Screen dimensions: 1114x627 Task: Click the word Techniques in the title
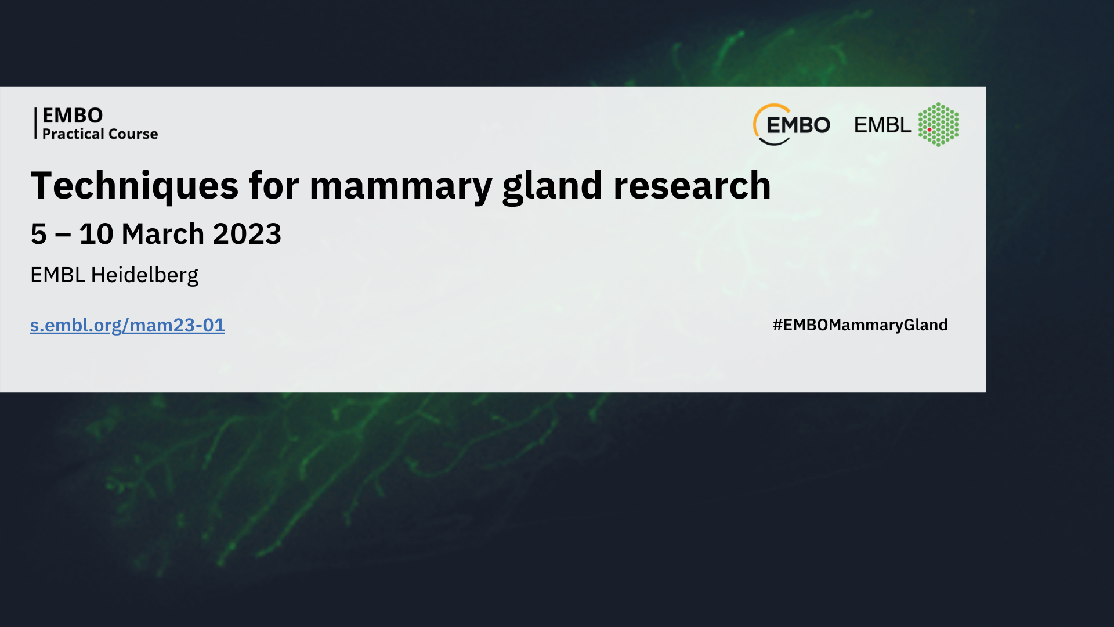(x=134, y=186)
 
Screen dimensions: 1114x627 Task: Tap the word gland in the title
(x=552, y=186)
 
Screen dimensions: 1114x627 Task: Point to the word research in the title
(x=692, y=186)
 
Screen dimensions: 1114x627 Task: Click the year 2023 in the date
(x=247, y=234)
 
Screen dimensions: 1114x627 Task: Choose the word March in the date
(x=163, y=234)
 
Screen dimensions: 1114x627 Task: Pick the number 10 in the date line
(x=96, y=234)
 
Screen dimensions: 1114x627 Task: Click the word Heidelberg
(x=144, y=275)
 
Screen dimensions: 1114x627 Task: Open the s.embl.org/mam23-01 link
(x=127, y=325)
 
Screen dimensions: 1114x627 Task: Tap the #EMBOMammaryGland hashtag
(x=860, y=325)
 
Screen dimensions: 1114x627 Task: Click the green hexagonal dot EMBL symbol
(x=938, y=125)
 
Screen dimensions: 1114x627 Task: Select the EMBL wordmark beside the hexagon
(x=882, y=125)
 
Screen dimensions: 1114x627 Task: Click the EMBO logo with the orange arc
(x=791, y=124)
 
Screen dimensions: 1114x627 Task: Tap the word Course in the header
(x=133, y=134)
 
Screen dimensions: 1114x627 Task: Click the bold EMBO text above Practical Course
(x=73, y=115)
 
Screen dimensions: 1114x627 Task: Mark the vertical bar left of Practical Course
(x=35, y=123)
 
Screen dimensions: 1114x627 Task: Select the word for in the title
(x=274, y=186)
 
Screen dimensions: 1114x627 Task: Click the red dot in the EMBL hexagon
(x=929, y=129)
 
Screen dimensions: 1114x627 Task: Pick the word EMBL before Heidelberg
(x=57, y=275)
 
